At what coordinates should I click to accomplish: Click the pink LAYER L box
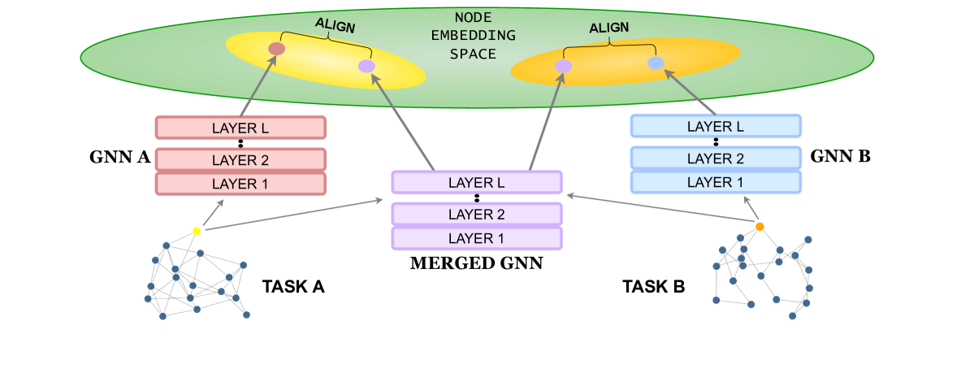coord(240,128)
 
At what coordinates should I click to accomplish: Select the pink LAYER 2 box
coord(240,159)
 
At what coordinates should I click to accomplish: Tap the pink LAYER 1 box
coord(240,184)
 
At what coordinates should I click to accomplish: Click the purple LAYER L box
coord(477,183)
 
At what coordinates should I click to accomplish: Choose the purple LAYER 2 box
coord(477,214)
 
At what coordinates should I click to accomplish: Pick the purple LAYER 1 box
coord(477,238)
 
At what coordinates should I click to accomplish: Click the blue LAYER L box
coord(716,126)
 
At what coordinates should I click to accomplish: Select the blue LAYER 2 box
coord(716,159)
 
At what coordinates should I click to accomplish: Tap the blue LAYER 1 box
coord(716,182)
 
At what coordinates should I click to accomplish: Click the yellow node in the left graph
coord(197,231)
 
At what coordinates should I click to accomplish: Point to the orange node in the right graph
coord(760,226)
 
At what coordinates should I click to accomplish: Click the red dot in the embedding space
coord(276,49)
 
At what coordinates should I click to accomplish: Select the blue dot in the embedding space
coord(656,63)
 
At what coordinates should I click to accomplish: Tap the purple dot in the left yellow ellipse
coord(366,66)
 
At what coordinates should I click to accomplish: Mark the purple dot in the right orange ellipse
coord(564,66)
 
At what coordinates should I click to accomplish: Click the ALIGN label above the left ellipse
coord(335,25)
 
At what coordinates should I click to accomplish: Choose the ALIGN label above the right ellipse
coord(608,28)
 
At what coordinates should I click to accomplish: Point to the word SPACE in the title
coord(473,54)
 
